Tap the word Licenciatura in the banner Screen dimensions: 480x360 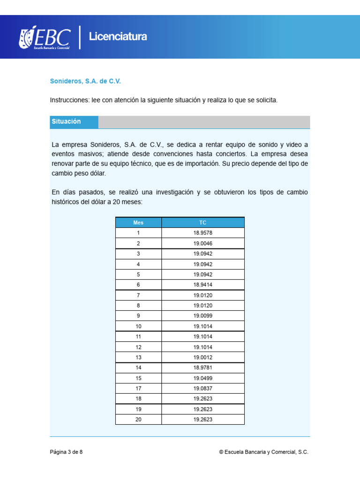[x=118, y=37]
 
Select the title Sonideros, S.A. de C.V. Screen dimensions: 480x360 [x=85, y=81]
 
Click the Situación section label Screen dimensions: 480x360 [x=67, y=121]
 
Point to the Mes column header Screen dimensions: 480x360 [x=138, y=223]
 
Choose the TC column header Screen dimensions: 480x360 [x=202, y=223]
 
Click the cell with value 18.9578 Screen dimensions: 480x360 [x=202, y=233]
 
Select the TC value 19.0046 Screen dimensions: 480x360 [x=202, y=243]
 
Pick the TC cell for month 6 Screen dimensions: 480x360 [x=202, y=285]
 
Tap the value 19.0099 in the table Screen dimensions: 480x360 [x=202, y=316]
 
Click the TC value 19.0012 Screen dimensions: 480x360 [x=202, y=357]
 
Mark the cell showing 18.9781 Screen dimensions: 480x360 [x=202, y=367]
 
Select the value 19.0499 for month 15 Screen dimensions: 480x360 [x=202, y=378]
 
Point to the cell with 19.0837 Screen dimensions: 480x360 [x=202, y=389]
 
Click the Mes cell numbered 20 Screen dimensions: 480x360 [x=138, y=420]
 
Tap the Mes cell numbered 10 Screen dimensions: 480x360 [x=138, y=326]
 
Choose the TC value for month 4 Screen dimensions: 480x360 [x=202, y=264]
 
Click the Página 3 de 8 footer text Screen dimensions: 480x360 [x=67, y=452]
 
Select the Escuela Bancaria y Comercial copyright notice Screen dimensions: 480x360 [x=264, y=452]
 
